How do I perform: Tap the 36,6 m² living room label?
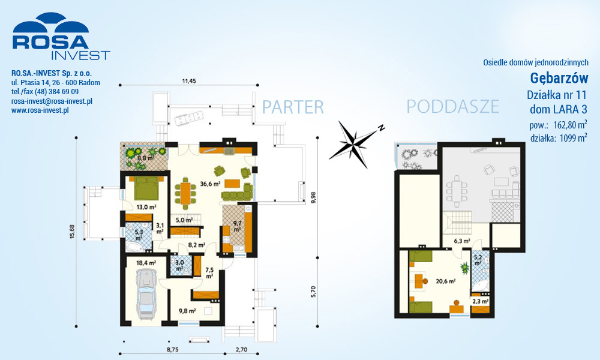tap(210, 184)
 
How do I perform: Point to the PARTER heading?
tap(293, 107)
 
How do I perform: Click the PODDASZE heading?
tap(452, 107)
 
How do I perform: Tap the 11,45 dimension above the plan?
tap(189, 81)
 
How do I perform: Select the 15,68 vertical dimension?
tap(72, 232)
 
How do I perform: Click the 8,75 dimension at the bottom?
tap(172, 349)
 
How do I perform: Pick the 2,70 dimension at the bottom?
tap(241, 349)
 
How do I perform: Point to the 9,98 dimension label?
tap(313, 197)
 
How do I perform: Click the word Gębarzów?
tap(559, 79)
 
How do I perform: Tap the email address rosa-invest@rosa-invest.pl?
tap(52, 101)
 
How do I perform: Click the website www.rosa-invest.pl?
tap(40, 110)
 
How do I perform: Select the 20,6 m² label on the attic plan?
tap(446, 281)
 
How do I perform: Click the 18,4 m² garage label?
tap(146, 263)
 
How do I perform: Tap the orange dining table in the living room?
tap(185, 193)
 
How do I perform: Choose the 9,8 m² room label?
tap(187, 311)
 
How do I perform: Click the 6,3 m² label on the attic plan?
tap(462, 241)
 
